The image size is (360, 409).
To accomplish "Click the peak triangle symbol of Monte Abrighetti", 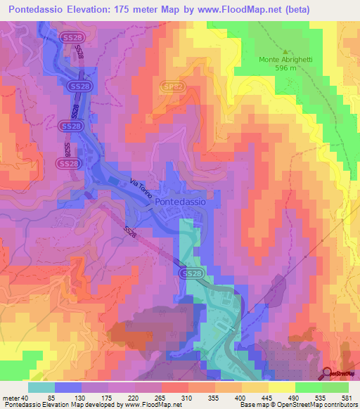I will coord(285,51).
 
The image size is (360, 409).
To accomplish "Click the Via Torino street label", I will coord(141,191).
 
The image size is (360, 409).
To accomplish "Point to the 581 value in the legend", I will coord(349,398).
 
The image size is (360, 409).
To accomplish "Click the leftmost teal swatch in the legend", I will coord(41,387).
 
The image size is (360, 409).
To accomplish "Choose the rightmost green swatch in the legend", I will coord(335,387).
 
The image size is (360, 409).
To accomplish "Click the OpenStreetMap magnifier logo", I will coord(328,373).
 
